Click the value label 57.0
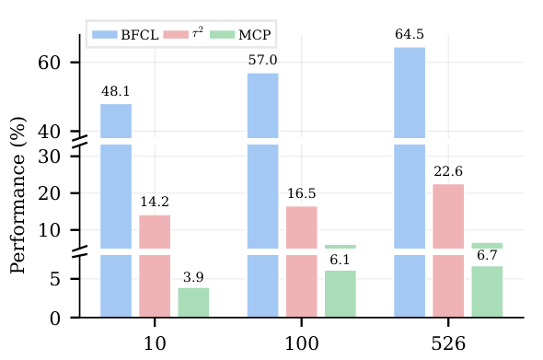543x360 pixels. (x=262, y=61)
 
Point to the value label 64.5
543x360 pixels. (x=410, y=35)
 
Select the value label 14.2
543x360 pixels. (x=155, y=203)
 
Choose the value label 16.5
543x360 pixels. (x=301, y=194)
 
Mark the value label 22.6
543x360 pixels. (x=448, y=171)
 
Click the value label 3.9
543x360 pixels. (x=193, y=276)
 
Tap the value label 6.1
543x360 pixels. (x=341, y=260)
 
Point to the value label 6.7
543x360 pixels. (x=487, y=255)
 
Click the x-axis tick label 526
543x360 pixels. (x=448, y=344)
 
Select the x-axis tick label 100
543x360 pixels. (x=302, y=344)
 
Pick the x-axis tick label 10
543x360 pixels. (x=155, y=344)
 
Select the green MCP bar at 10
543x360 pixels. (x=193, y=302)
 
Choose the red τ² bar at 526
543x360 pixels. (x=448, y=249)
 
